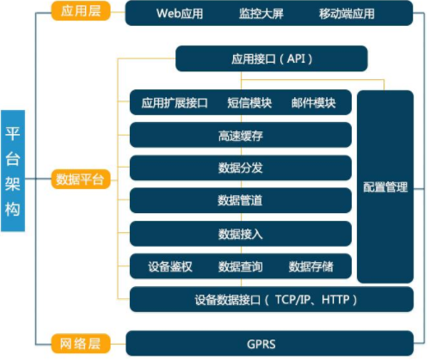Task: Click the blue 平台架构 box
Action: coord(15,172)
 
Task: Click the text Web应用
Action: coord(180,14)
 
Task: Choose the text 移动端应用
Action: coord(347,14)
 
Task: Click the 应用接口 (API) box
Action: coord(271,59)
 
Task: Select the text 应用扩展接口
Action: coord(175,102)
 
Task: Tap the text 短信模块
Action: coord(249,102)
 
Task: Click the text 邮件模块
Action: coord(313,102)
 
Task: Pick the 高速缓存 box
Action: coord(241,135)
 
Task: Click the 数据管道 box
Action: coord(241,200)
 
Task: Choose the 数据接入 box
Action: coord(241,233)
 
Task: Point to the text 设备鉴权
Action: coord(170,266)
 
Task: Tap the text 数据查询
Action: coord(241,266)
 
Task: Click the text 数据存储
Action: coord(310,266)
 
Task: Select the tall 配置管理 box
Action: coord(385,186)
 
